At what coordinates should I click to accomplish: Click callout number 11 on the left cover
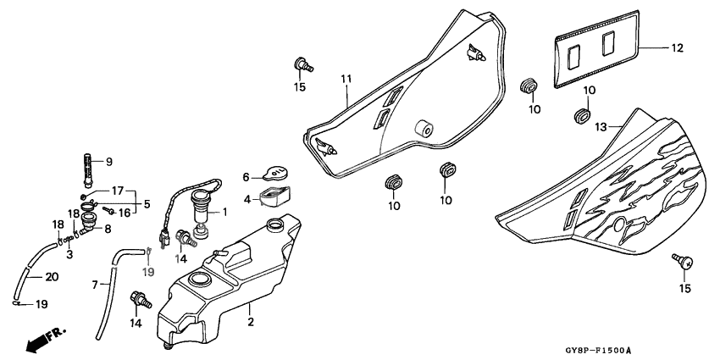[346, 79]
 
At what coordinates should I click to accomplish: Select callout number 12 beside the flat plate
[676, 48]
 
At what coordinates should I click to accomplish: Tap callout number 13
[601, 127]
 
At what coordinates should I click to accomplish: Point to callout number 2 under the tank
[250, 323]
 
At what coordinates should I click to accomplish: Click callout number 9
[108, 161]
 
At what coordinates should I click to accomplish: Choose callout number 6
[246, 177]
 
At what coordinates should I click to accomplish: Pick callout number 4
[246, 200]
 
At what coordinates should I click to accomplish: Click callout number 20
[51, 275]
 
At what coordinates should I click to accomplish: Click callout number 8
[108, 228]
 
